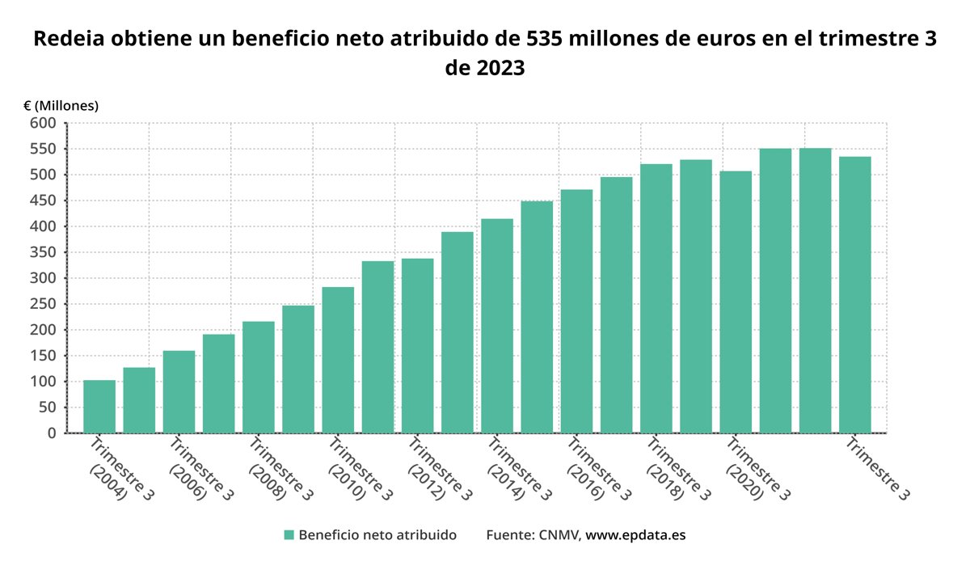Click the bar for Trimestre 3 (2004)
click(99, 406)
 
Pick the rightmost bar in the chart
click(854, 294)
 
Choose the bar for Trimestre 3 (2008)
click(259, 377)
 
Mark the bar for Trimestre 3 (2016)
click(576, 311)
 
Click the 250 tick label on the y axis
click(44, 304)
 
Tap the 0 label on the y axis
click(52, 433)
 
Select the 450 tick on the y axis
click(44, 201)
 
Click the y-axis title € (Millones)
click(61, 105)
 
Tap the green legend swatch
click(289, 535)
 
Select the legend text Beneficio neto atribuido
click(377, 535)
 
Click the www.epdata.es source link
click(635, 535)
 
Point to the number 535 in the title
click(547, 39)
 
